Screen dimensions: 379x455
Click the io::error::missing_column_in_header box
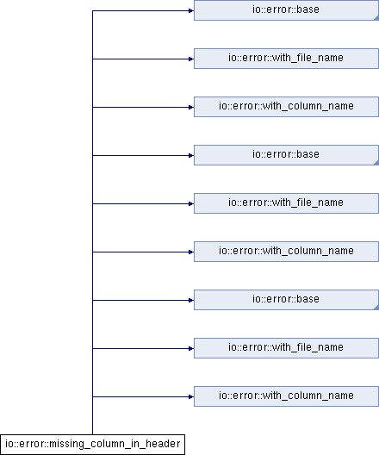(x=92, y=445)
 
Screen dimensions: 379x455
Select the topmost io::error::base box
(x=286, y=10)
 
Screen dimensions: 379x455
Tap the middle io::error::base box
(x=286, y=155)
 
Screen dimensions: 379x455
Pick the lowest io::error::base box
(x=286, y=300)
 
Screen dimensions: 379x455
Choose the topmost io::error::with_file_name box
(x=286, y=59)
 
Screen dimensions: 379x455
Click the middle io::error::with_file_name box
(x=286, y=203)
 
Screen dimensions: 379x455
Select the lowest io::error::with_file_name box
(x=286, y=348)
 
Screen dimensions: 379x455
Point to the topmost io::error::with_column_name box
(x=286, y=107)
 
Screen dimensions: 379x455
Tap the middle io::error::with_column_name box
(x=286, y=252)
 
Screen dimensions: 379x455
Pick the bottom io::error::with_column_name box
(x=286, y=396)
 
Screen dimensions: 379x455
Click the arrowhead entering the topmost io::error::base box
(x=191, y=10)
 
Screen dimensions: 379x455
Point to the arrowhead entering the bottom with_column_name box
(x=191, y=396)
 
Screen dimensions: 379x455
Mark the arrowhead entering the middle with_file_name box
(x=191, y=203)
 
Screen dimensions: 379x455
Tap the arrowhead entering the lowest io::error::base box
(x=191, y=300)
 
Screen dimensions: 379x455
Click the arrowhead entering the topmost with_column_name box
(x=191, y=107)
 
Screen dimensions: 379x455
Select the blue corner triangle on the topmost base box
(x=376, y=18)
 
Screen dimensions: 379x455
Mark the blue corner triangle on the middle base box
(x=376, y=163)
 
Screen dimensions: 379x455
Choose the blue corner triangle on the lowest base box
(x=376, y=308)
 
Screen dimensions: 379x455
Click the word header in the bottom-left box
(x=163, y=444)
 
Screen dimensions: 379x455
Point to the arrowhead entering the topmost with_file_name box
(x=191, y=59)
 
